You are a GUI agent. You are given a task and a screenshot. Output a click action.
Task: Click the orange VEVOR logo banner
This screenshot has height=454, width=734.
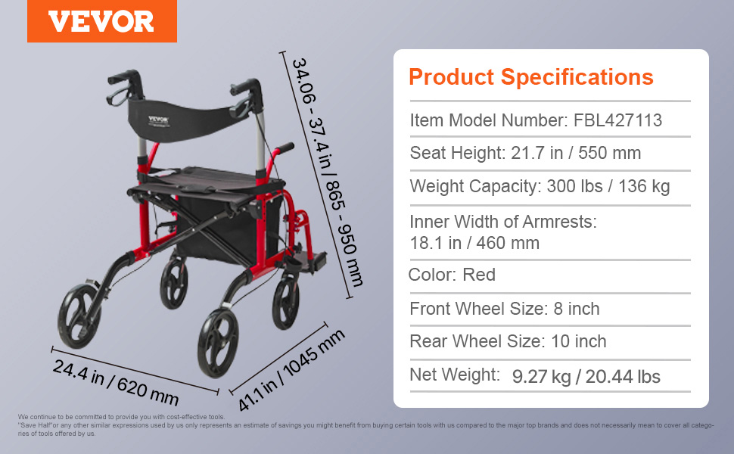[x=102, y=21]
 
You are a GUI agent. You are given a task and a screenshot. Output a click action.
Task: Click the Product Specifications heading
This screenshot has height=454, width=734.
[x=531, y=76]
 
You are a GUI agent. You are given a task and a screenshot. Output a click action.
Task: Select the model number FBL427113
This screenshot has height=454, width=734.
[x=617, y=120]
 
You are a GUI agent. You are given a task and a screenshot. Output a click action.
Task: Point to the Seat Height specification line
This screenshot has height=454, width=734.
[x=525, y=153]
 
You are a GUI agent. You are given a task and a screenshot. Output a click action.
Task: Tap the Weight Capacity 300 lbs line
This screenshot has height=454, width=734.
[x=540, y=186]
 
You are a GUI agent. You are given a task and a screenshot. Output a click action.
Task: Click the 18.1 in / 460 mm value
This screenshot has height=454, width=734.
[x=474, y=243]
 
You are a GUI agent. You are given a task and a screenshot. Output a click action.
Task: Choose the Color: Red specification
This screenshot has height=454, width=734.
[x=452, y=275]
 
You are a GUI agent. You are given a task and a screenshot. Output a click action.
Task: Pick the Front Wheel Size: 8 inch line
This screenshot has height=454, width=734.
[x=505, y=309]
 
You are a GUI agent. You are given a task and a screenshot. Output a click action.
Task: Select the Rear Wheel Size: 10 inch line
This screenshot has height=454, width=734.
[x=508, y=342]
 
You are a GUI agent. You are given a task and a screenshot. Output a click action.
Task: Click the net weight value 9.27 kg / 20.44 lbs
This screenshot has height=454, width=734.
[x=586, y=376]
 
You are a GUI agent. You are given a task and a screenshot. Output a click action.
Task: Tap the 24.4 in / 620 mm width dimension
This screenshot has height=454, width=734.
[x=116, y=382]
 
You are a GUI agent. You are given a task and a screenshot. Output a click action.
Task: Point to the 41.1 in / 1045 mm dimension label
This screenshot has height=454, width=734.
[x=291, y=370]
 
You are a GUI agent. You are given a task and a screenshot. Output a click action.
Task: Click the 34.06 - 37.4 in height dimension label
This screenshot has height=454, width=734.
[x=327, y=172]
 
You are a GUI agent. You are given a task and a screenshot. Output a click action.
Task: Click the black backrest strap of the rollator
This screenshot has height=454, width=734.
[x=187, y=120]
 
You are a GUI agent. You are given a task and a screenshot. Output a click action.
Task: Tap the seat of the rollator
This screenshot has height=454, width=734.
[x=206, y=184]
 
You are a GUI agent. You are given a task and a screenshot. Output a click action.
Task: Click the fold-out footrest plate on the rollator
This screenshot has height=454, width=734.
[x=309, y=260]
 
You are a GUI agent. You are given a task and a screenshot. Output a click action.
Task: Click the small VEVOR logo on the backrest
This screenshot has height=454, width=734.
[x=159, y=121]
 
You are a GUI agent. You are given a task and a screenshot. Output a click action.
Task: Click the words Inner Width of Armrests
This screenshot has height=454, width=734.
[x=503, y=222]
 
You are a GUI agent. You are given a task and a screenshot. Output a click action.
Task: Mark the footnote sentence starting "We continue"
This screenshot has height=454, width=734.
[x=122, y=417]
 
